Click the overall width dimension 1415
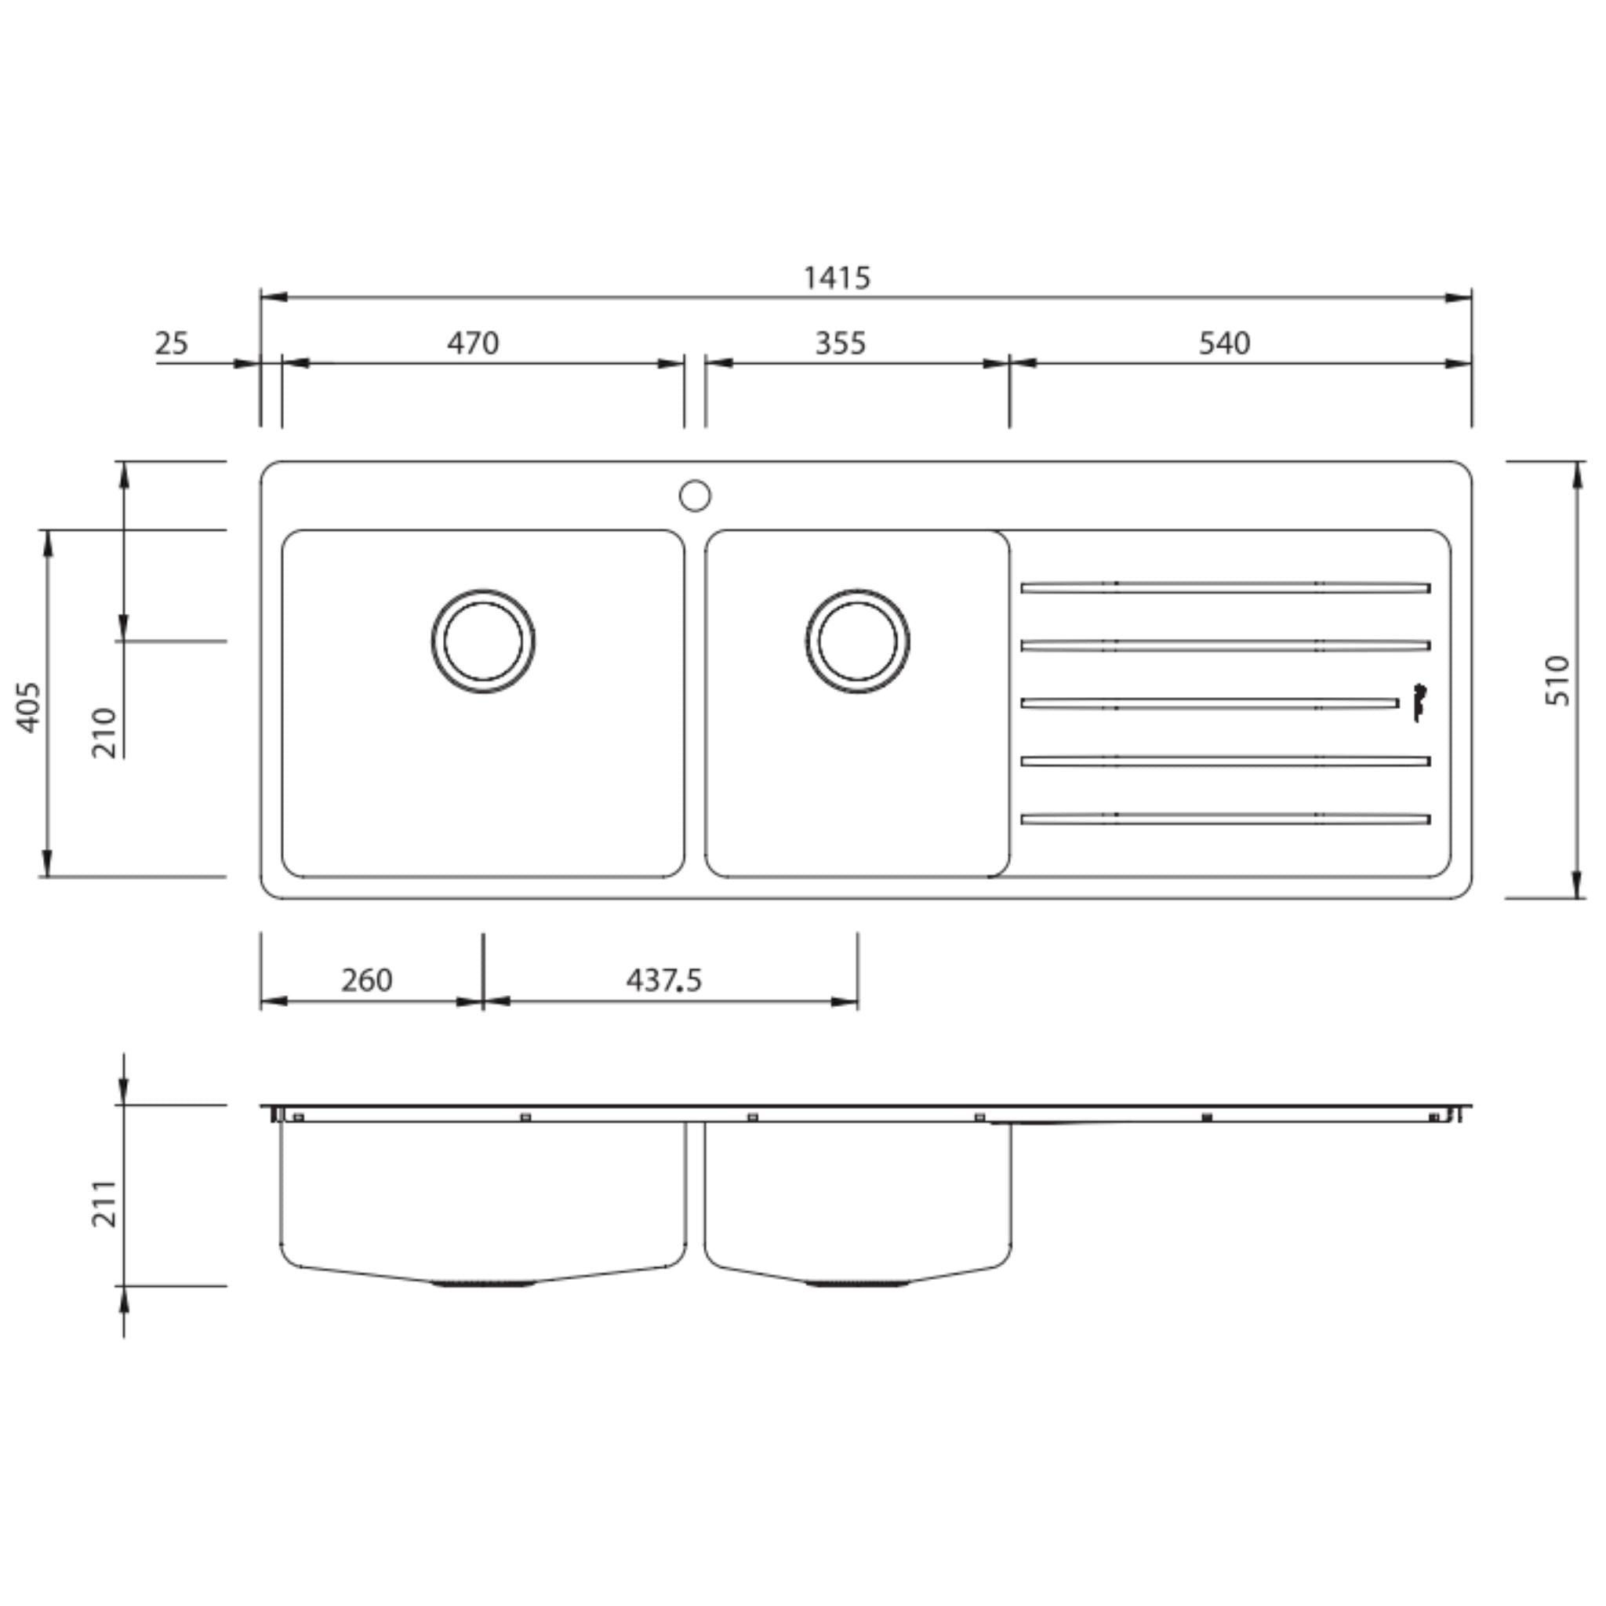point(836,278)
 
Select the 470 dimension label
point(473,343)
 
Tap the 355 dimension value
point(840,343)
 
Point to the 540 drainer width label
point(1223,343)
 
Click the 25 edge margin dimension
point(172,343)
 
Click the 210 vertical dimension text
point(105,732)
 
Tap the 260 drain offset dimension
point(365,981)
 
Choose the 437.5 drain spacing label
point(663,981)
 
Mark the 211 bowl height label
point(105,1203)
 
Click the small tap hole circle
point(695,496)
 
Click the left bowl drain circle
point(483,641)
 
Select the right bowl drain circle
point(857,641)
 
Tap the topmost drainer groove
point(1226,587)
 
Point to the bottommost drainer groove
point(1226,819)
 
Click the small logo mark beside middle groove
point(1421,702)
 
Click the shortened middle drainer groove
point(1209,703)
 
